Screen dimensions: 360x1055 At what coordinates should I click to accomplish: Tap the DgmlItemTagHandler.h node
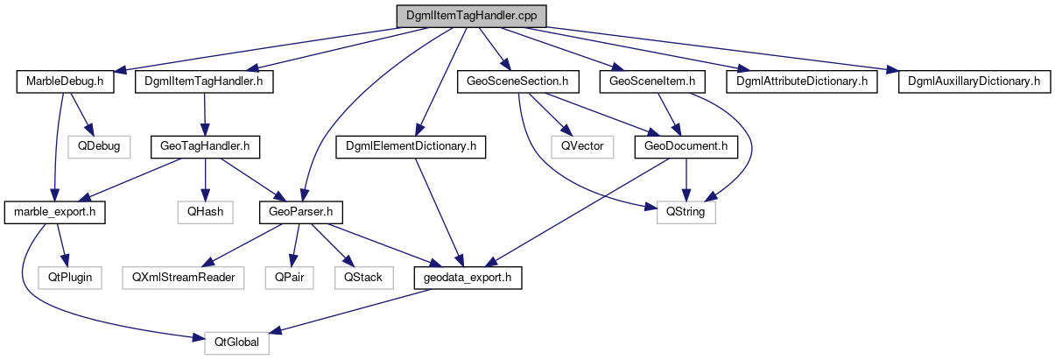click(204, 82)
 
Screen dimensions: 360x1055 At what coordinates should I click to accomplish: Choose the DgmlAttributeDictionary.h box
click(801, 82)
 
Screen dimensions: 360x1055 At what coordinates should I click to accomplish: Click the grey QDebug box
click(99, 145)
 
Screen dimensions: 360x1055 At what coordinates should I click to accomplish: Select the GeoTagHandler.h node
click(204, 145)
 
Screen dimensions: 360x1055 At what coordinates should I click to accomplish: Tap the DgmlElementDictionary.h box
click(411, 145)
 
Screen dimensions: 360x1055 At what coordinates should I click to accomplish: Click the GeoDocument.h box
click(686, 145)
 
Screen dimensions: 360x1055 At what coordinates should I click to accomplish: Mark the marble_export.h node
click(55, 212)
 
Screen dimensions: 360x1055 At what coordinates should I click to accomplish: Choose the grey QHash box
click(204, 212)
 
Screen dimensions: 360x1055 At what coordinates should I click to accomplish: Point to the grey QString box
click(686, 212)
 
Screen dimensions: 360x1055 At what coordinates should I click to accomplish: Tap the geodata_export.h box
click(468, 278)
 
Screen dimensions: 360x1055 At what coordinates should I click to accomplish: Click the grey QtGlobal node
click(236, 342)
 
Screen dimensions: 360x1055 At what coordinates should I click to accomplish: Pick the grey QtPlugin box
click(70, 278)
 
